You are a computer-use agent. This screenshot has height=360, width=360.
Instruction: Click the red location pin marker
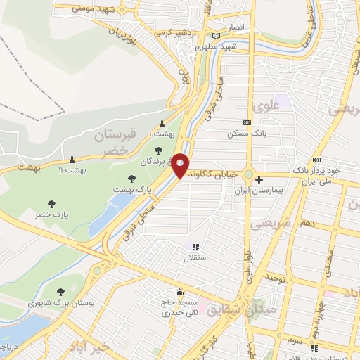181,165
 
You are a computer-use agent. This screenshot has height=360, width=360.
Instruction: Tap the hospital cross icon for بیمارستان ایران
259,179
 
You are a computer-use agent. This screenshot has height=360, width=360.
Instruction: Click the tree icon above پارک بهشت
131,179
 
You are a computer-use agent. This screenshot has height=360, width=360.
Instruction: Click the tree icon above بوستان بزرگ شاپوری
62,290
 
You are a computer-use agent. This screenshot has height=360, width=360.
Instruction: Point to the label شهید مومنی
85,8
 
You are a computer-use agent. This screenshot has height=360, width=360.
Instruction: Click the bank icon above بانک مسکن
246,122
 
